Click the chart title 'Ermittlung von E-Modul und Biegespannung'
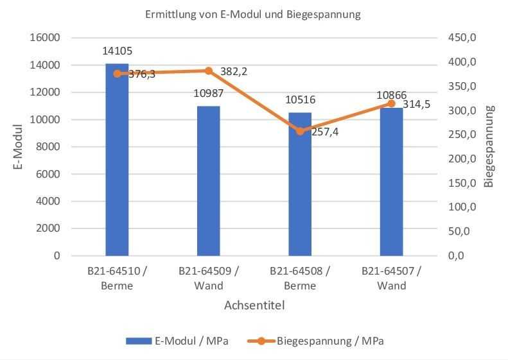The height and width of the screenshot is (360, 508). [x=254, y=13]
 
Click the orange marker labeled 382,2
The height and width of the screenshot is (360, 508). [x=208, y=71]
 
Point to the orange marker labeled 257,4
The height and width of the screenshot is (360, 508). [x=300, y=131]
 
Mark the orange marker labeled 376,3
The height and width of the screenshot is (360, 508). [x=117, y=74]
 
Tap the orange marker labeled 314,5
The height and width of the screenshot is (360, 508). [x=391, y=103]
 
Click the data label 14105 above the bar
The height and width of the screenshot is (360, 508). [x=117, y=51]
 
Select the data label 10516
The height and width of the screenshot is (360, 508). [x=300, y=99]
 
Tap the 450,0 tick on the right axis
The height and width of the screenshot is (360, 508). [x=462, y=38]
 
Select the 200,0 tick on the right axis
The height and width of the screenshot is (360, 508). [x=462, y=159]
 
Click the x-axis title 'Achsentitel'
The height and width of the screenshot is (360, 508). [x=254, y=305]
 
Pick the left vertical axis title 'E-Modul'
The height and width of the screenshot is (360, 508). [x=19, y=146]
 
